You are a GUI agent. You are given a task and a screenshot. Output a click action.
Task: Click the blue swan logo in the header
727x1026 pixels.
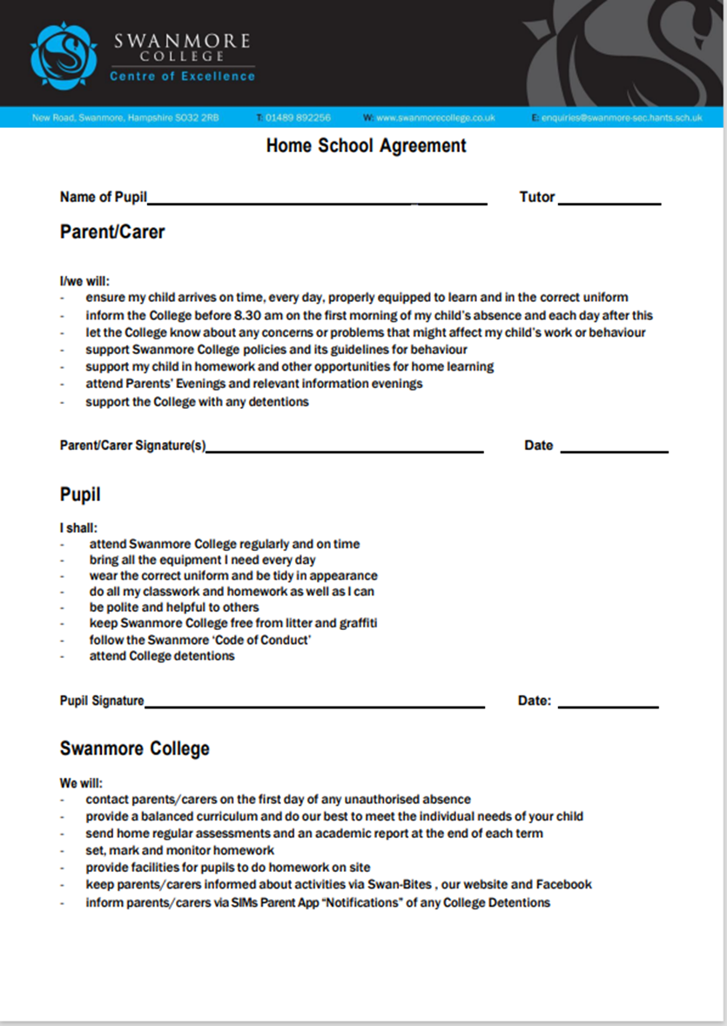click(64, 56)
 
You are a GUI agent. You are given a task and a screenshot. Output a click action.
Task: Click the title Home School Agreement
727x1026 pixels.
click(367, 146)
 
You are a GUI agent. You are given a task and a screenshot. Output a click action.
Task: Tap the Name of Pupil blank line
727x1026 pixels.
click(317, 202)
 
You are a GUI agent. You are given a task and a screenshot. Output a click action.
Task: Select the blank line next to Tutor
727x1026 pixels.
click(609, 202)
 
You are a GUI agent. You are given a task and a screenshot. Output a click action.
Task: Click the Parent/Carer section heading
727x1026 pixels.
click(112, 232)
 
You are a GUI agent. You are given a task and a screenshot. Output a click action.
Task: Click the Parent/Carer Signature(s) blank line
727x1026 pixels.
click(345, 450)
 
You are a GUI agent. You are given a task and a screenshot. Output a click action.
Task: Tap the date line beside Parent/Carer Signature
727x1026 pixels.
click(615, 450)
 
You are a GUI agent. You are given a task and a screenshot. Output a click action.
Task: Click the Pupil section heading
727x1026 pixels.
click(80, 495)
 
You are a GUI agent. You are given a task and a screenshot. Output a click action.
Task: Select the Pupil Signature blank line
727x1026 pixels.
click(314, 705)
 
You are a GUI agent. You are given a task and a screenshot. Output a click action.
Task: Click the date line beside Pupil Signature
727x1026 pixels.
click(608, 705)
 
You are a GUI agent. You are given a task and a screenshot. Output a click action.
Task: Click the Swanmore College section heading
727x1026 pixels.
click(135, 748)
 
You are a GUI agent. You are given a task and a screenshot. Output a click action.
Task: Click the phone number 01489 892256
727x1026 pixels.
click(298, 117)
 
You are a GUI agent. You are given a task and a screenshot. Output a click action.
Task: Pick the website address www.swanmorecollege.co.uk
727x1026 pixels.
click(435, 117)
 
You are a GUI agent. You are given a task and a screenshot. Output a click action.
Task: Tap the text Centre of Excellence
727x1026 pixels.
click(182, 77)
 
